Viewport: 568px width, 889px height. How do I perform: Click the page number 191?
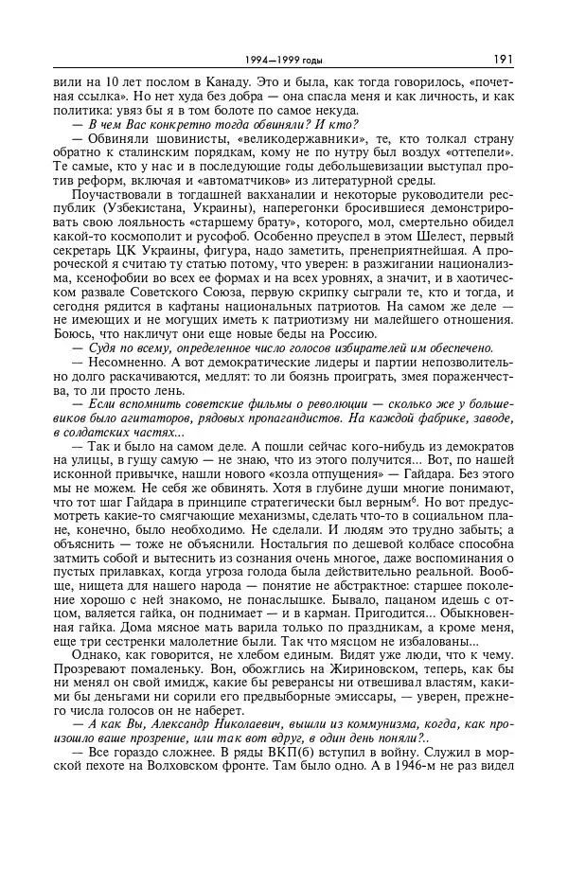pyautogui.click(x=503, y=60)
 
